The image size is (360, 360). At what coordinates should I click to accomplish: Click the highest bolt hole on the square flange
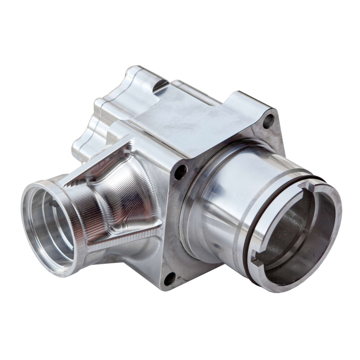268,121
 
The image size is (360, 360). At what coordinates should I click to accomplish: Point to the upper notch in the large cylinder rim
309,185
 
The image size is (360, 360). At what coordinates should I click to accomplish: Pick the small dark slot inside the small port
52,204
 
